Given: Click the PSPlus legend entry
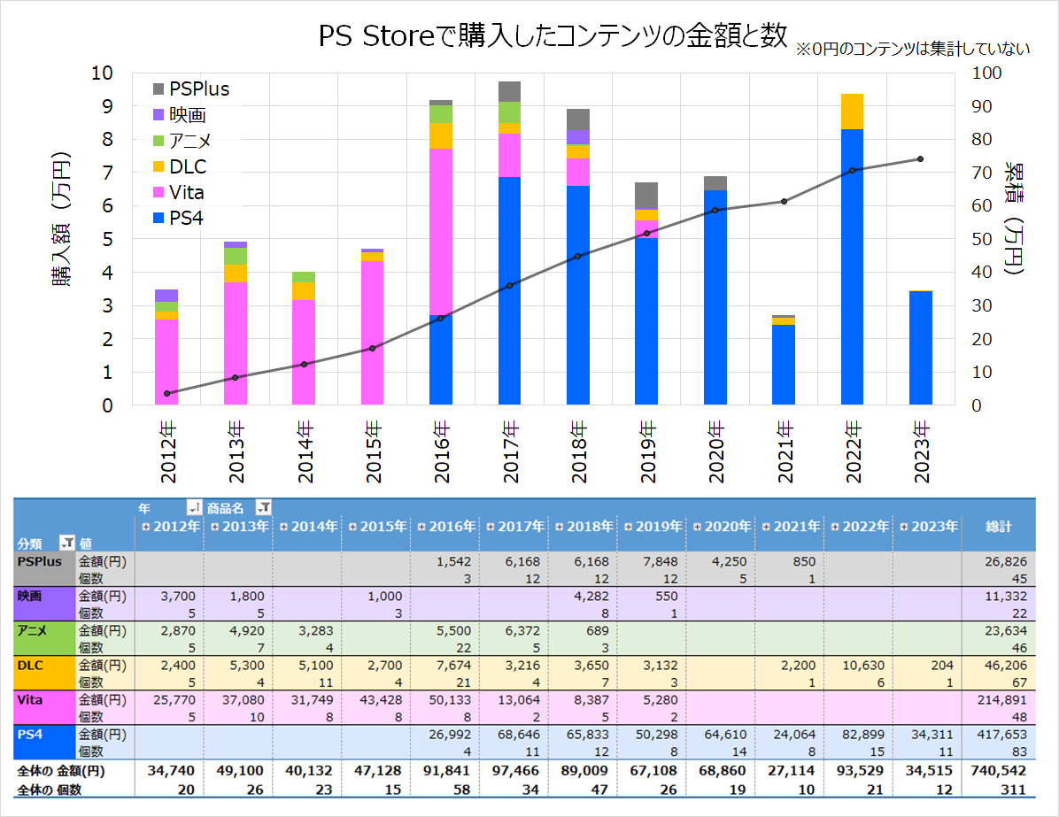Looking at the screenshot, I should click(x=199, y=89).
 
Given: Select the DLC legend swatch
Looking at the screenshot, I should click(x=159, y=166).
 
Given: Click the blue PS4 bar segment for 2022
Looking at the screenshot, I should click(x=852, y=266).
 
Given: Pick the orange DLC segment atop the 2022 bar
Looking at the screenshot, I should click(x=852, y=112).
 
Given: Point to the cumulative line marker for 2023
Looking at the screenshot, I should click(x=920, y=159).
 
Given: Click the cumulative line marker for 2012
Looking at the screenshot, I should click(x=166, y=393).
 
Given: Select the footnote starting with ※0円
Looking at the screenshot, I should click(x=913, y=49).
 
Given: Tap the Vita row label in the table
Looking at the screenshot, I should click(x=30, y=698).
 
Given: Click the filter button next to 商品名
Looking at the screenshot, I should click(x=263, y=507).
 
